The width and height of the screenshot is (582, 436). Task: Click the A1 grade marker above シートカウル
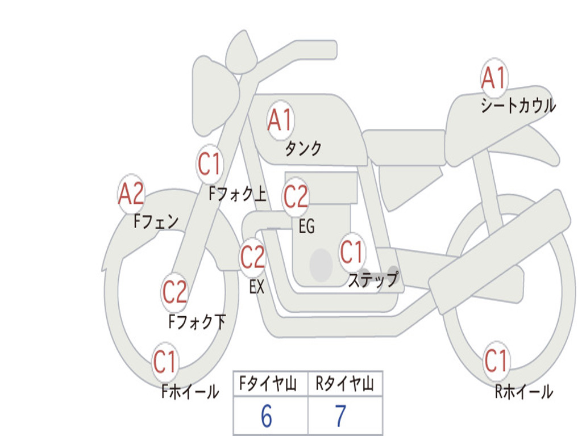click(x=493, y=78)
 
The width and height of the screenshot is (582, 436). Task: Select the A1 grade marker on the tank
click(x=280, y=120)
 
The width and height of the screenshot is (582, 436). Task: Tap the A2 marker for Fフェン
click(x=131, y=194)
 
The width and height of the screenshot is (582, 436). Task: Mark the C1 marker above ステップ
click(x=351, y=252)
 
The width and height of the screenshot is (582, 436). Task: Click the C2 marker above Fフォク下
click(x=174, y=292)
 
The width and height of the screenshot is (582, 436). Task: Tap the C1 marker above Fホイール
click(x=165, y=362)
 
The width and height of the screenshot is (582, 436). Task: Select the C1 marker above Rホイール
click(x=496, y=360)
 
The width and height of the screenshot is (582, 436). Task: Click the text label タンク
click(x=303, y=149)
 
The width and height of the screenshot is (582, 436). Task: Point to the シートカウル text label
click(x=518, y=106)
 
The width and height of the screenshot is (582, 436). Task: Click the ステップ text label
click(x=373, y=280)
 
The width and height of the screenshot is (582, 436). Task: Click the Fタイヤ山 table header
click(x=267, y=385)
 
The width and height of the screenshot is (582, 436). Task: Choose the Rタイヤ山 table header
click(x=344, y=385)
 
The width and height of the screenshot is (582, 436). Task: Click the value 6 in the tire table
click(x=267, y=417)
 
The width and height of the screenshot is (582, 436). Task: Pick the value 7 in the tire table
click(x=340, y=417)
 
